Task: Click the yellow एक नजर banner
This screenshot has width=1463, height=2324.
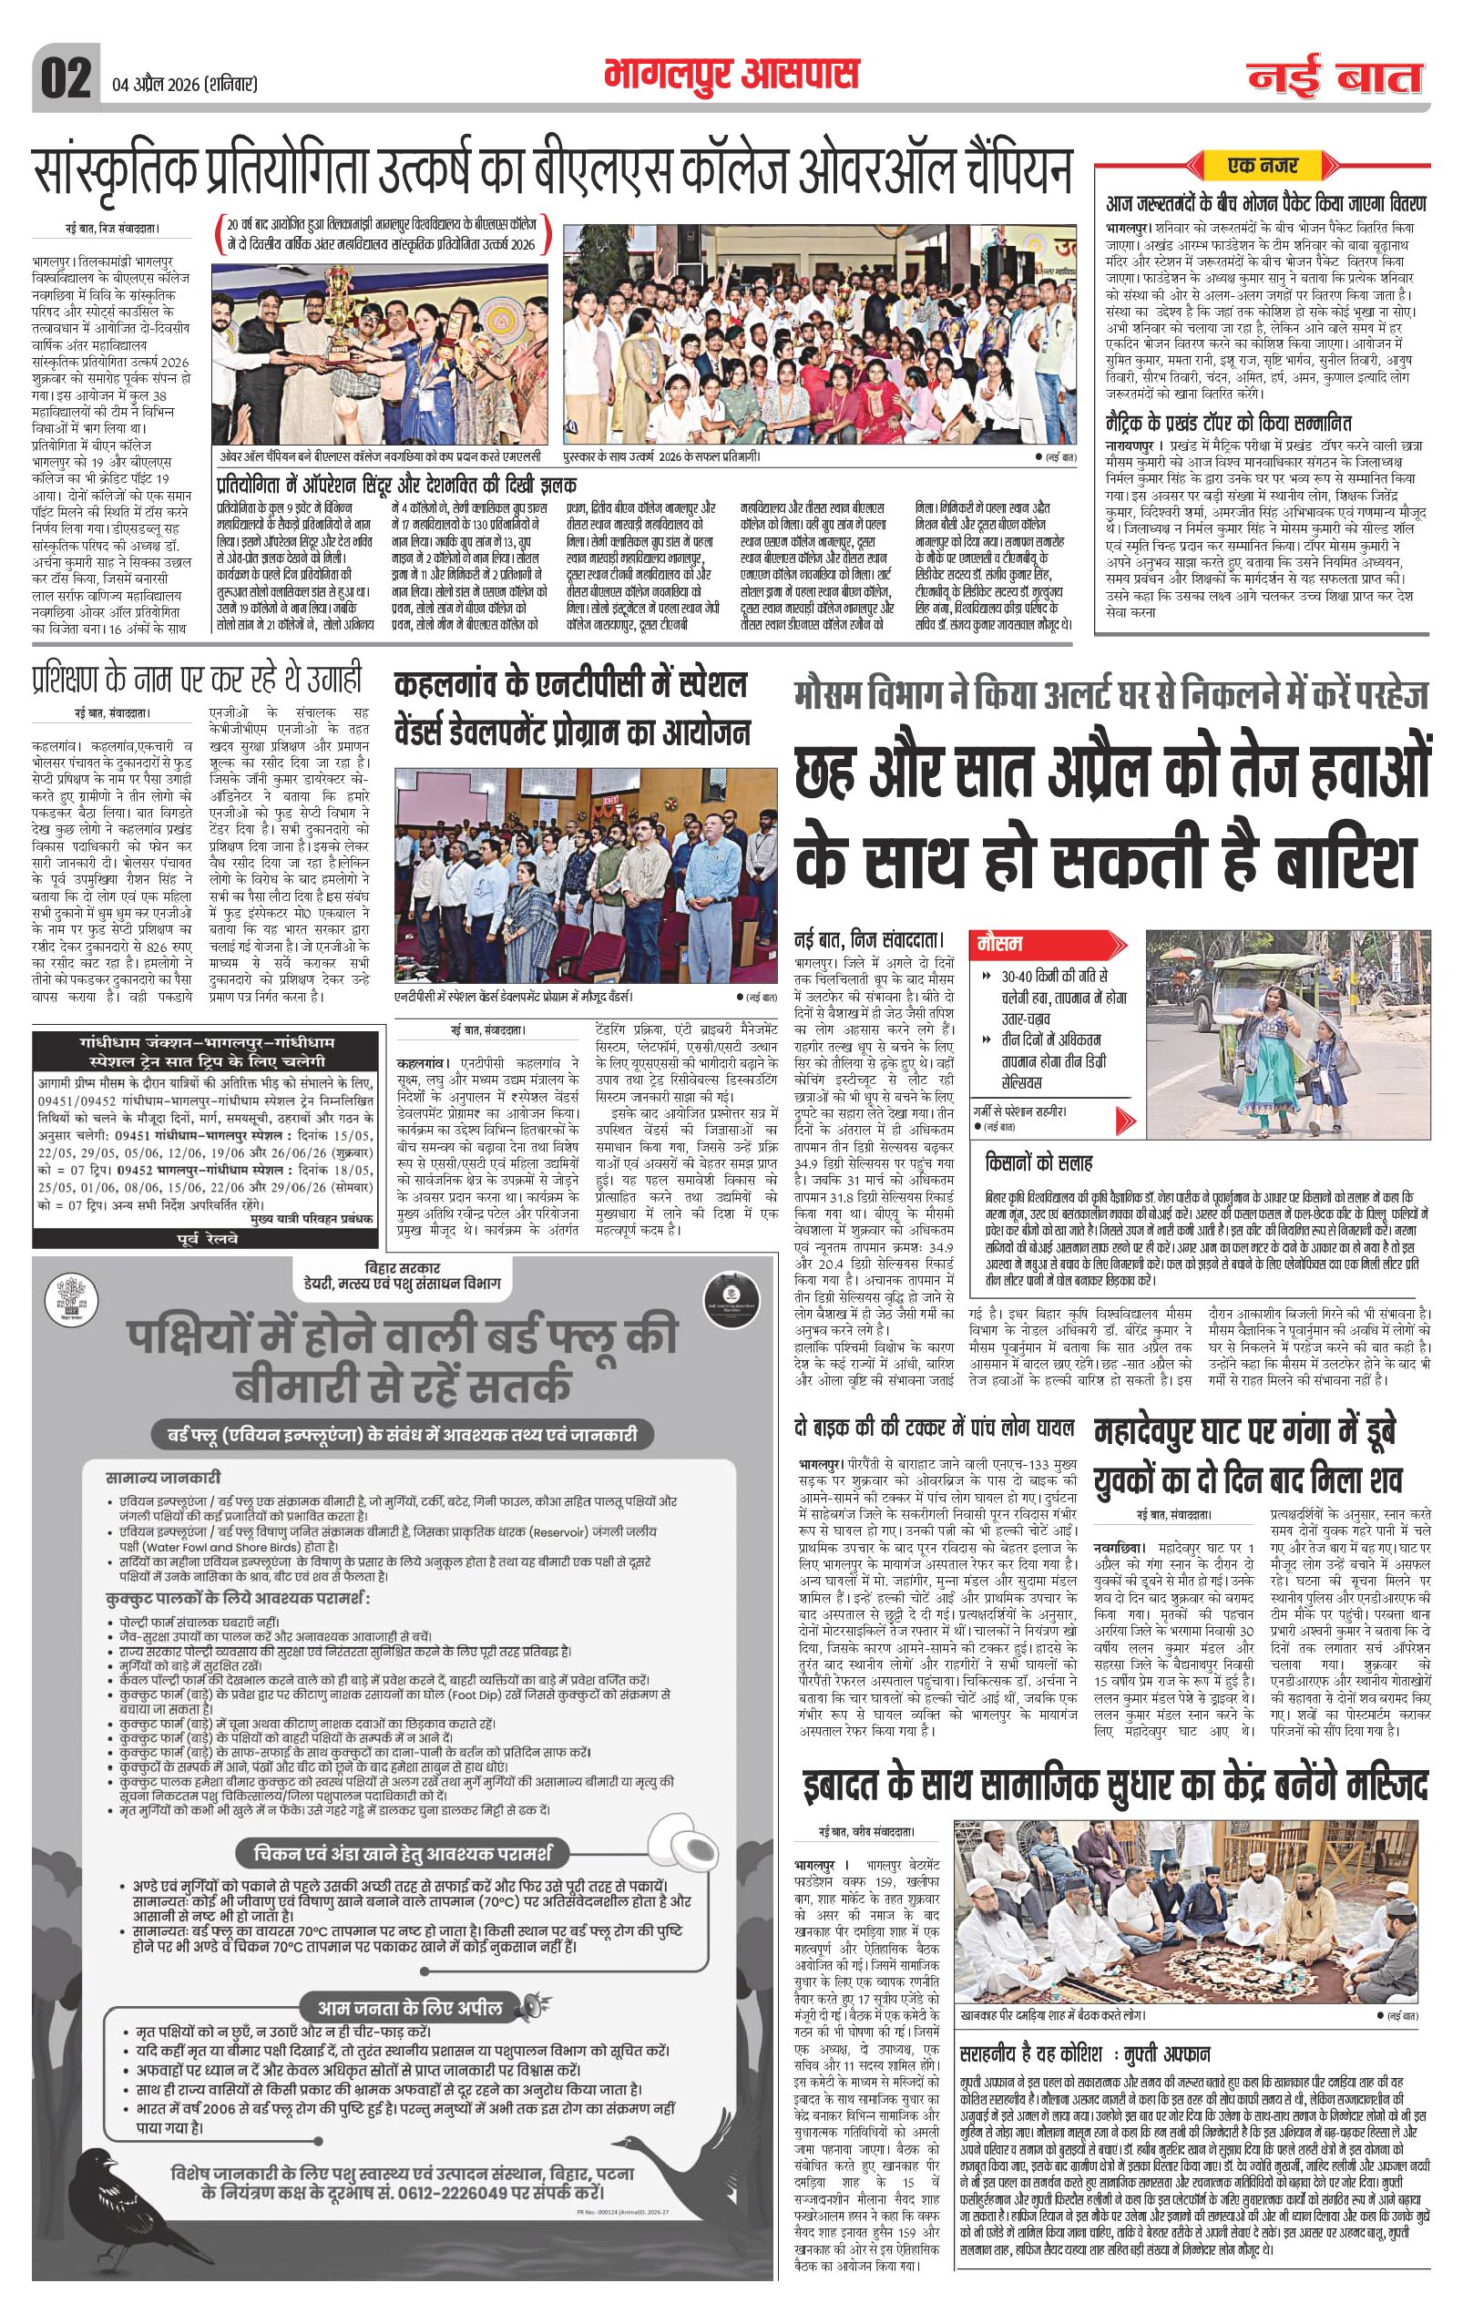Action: (1262, 166)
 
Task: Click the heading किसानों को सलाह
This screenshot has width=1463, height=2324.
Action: (1038, 1162)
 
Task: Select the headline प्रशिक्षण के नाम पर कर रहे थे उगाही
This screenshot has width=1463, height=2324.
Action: (197, 680)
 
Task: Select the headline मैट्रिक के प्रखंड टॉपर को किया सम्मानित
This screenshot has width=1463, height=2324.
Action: (1229, 423)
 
